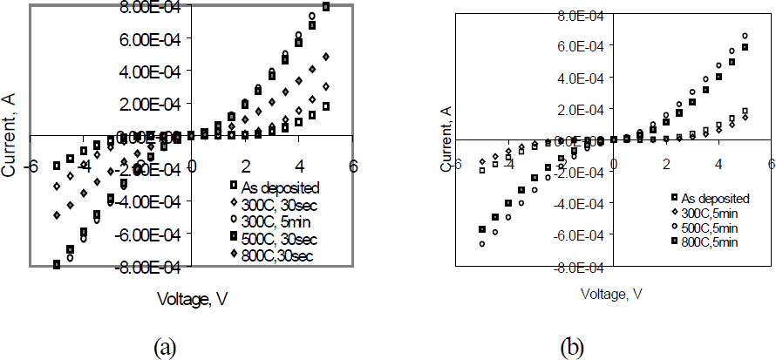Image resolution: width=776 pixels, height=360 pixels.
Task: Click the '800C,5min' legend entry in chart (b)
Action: (x=706, y=241)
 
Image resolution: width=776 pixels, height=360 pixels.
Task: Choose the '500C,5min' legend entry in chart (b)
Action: (x=706, y=227)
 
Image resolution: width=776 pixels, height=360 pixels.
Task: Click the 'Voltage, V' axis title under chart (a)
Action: (x=193, y=298)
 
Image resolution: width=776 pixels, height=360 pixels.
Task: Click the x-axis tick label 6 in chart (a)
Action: (x=353, y=166)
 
